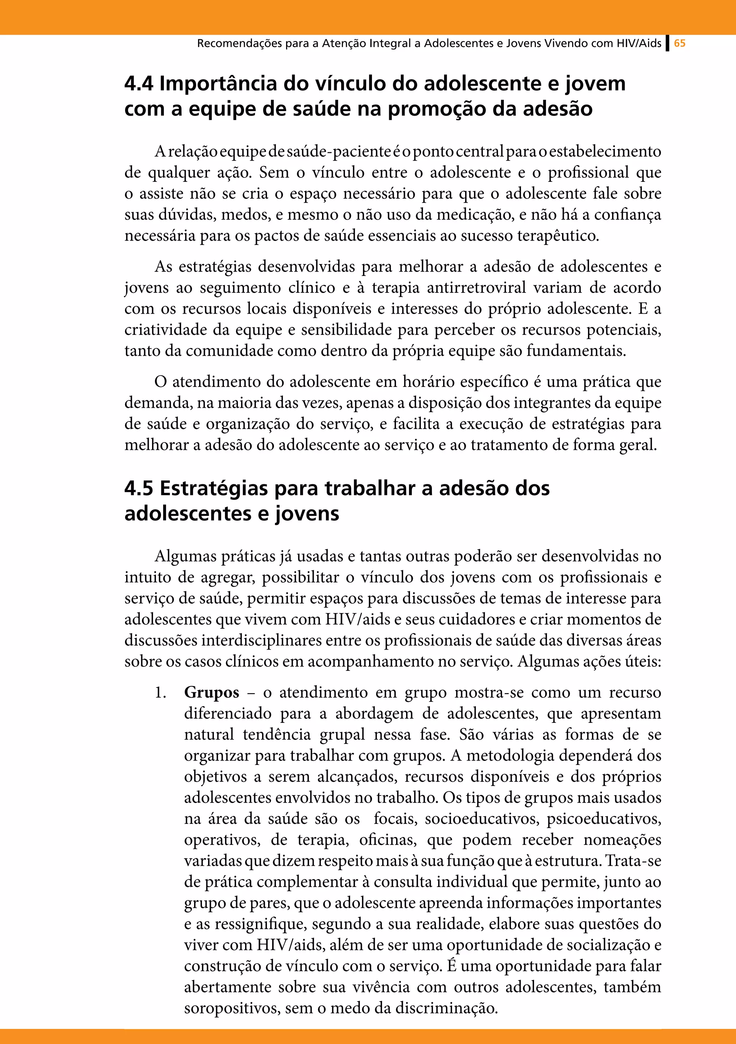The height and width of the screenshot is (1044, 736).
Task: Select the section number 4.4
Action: [x=139, y=84]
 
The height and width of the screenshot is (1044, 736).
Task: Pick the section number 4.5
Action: [x=139, y=488]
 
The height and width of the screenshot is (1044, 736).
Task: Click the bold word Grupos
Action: [x=212, y=693]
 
